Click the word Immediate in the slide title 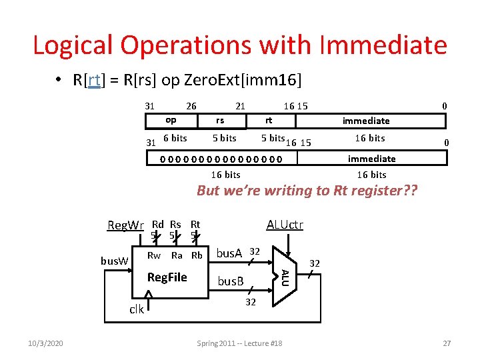tap(383, 45)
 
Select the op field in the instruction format tap(171, 120)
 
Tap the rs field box tap(219, 121)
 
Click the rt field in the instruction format tap(269, 120)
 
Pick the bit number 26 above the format tap(191, 105)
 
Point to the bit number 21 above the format tap(240, 105)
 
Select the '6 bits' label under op tap(175, 138)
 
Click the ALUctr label tap(285, 225)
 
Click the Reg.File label tap(167, 277)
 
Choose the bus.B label tap(231, 281)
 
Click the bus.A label tap(229, 253)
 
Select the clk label tap(136, 309)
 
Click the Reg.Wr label tap(125, 225)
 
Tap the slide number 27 tap(447, 343)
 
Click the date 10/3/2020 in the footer tap(46, 343)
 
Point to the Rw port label tap(153, 255)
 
